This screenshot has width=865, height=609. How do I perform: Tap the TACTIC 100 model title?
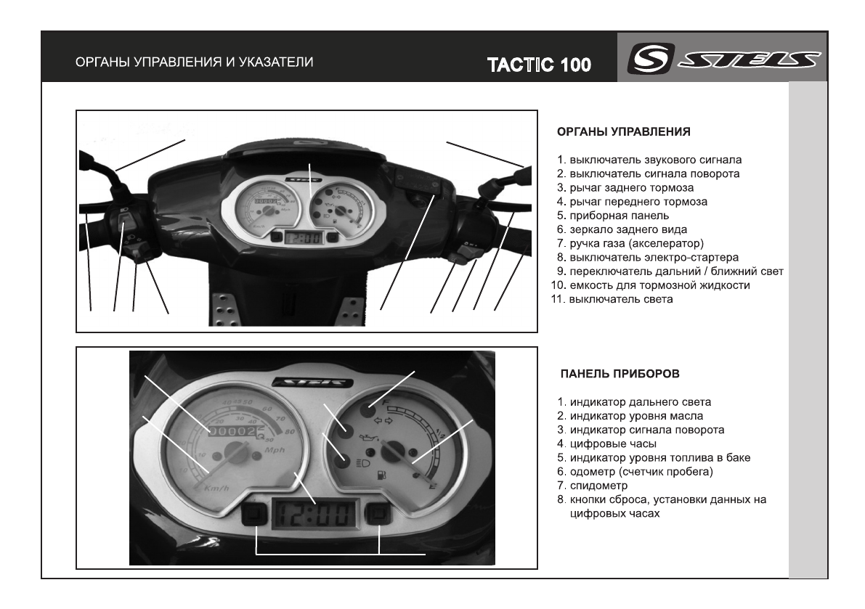[x=539, y=66]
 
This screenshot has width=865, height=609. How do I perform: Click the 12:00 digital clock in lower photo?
[x=314, y=516]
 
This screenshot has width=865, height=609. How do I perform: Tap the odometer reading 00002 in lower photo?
[x=233, y=431]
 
